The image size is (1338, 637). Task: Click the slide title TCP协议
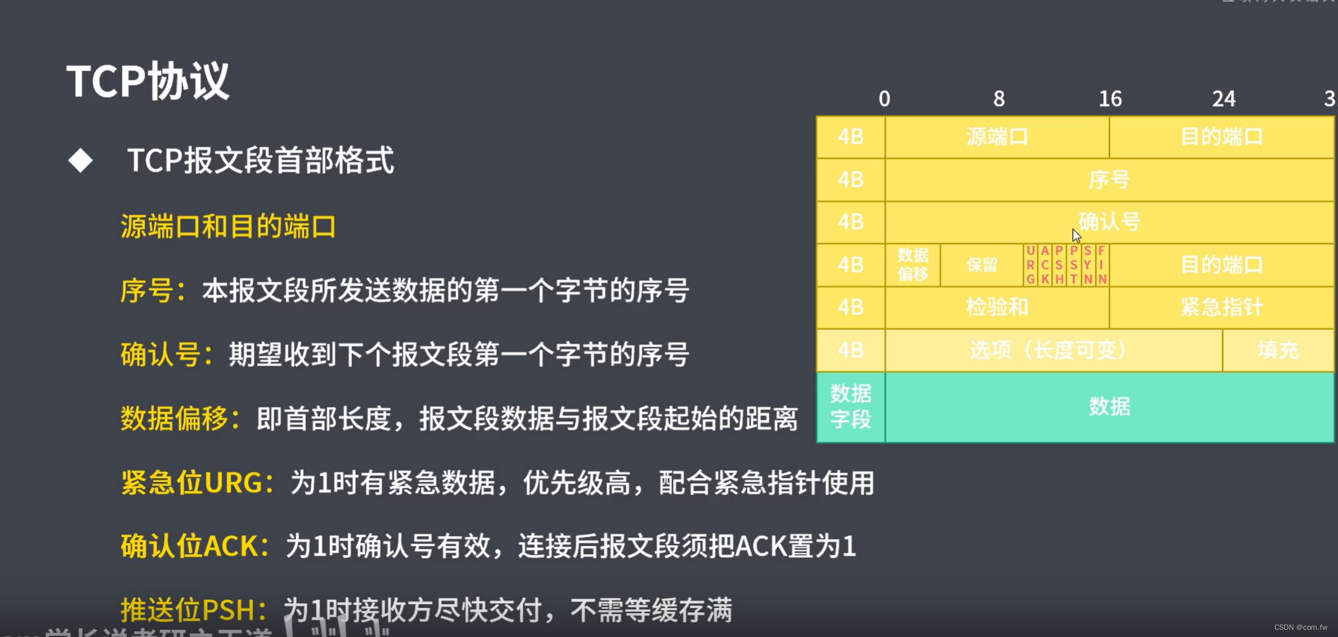click(148, 81)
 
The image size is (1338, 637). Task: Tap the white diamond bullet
click(80, 160)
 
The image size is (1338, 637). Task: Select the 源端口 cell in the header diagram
click(997, 137)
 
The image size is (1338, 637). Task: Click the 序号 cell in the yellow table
click(1108, 180)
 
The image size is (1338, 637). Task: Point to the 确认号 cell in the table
click(1108, 222)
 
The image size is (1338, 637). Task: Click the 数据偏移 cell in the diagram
click(912, 265)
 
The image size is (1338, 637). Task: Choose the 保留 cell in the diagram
click(982, 265)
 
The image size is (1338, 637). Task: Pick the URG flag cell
click(1030, 265)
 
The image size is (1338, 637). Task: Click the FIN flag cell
click(1102, 265)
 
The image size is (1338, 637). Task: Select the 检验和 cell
click(997, 308)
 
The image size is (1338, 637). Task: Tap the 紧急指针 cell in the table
click(1222, 308)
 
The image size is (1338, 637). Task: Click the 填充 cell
click(1278, 350)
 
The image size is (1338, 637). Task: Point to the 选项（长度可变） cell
click(1053, 350)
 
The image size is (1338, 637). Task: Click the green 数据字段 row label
click(850, 407)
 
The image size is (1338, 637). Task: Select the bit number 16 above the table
click(1110, 99)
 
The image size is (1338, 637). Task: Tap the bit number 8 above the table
click(998, 99)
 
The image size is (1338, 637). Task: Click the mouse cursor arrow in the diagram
click(1076, 235)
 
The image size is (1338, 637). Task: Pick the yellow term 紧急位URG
click(195, 483)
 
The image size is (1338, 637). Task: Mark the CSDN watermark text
click(1300, 627)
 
